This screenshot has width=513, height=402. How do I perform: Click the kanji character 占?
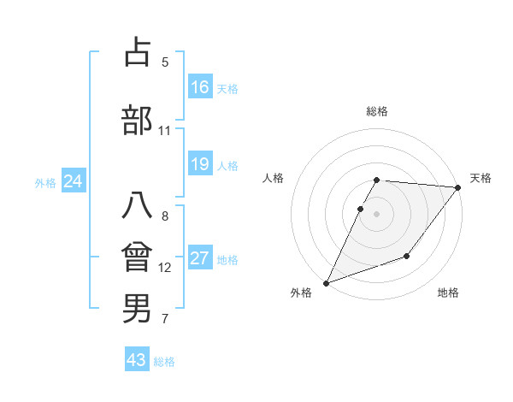pyautogui.click(x=137, y=52)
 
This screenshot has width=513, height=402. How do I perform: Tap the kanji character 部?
pyautogui.click(x=137, y=121)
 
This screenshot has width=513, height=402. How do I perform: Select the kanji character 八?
pyautogui.click(x=137, y=206)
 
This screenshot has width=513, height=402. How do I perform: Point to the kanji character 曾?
pyautogui.click(x=137, y=257)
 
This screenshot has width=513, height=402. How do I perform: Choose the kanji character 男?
pyautogui.click(x=137, y=309)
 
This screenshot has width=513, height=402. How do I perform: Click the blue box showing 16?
pyautogui.click(x=200, y=87)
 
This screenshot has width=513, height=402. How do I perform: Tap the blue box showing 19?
pyautogui.click(x=200, y=164)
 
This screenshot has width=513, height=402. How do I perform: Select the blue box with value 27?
pyautogui.click(x=200, y=258)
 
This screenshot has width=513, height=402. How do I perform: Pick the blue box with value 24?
pyautogui.click(x=73, y=181)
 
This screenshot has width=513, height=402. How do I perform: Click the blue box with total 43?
pyautogui.click(x=137, y=360)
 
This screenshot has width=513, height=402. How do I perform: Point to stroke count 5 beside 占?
pyautogui.click(x=165, y=62)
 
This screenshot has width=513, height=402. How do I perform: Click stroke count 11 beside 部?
pyautogui.click(x=165, y=131)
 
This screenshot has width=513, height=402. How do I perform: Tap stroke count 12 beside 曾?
pyautogui.click(x=165, y=268)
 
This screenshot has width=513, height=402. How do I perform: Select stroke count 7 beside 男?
pyautogui.click(x=165, y=320)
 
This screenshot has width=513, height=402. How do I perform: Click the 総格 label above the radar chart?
pyautogui.click(x=377, y=111)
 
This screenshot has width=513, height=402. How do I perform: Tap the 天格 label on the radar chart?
pyautogui.click(x=481, y=178)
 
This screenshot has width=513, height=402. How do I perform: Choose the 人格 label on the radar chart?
pyautogui.click(x=273, y=178)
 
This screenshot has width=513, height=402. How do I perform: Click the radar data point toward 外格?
pyautogui.click(x=326, y=282)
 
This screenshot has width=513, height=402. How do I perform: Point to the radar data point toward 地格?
pyautogui.click(x=407, y=256)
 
